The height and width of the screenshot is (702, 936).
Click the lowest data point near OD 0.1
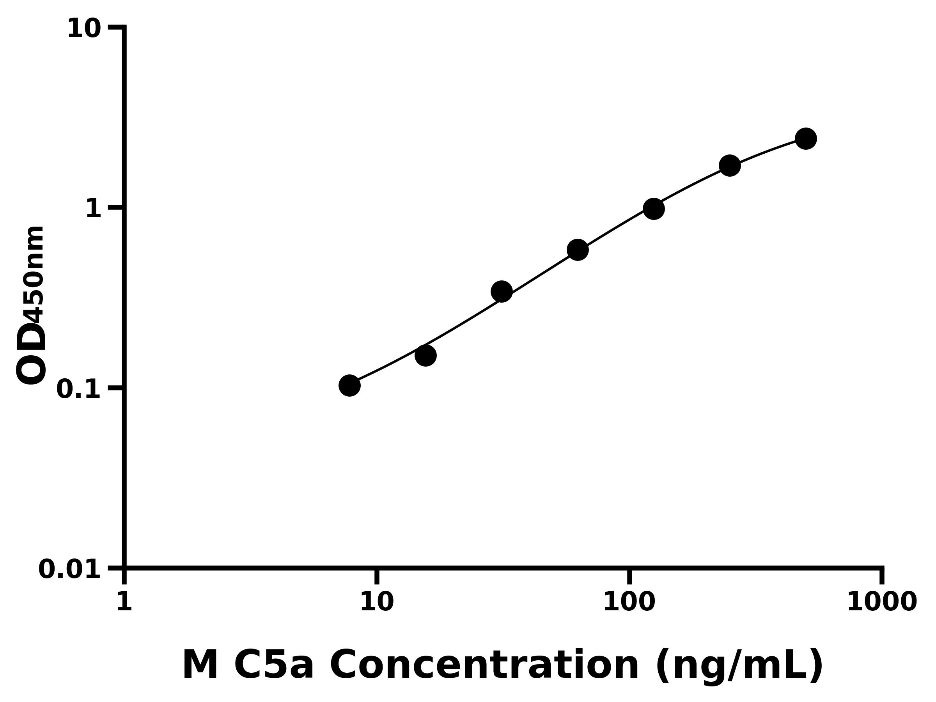349,385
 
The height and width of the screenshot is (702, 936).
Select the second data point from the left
425,355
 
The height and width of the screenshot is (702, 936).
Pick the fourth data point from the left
578,250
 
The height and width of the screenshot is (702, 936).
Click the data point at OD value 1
653,209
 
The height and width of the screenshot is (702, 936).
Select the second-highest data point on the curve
730,165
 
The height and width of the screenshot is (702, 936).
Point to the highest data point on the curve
806,138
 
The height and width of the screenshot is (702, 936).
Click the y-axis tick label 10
84,30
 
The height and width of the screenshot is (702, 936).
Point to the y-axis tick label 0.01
70,569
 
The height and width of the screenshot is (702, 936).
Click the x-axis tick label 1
124,602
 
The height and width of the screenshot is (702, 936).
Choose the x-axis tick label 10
377,602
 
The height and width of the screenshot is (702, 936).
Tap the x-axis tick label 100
629,602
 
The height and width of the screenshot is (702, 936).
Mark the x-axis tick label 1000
882,602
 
